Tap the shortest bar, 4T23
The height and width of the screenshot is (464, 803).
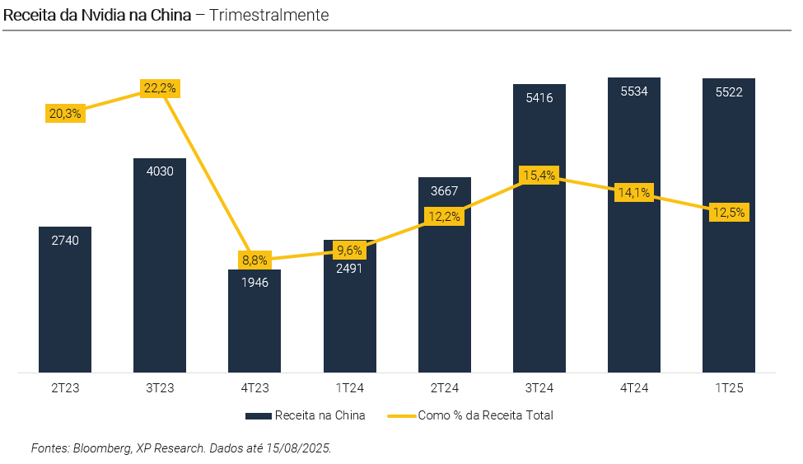coord(254,326)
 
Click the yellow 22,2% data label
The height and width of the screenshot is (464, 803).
coord(160,88)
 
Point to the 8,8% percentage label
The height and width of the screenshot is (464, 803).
coord(254,260)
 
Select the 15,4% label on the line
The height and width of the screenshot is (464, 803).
coord(539,175)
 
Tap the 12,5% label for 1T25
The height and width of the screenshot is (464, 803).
coord(729,212)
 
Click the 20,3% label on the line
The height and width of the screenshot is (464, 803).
coord(65,114)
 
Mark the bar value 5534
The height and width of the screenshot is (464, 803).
coord(634,91)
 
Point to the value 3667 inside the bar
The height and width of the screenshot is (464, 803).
coord(445,191)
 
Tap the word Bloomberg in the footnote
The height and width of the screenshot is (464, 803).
coord(100,448)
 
